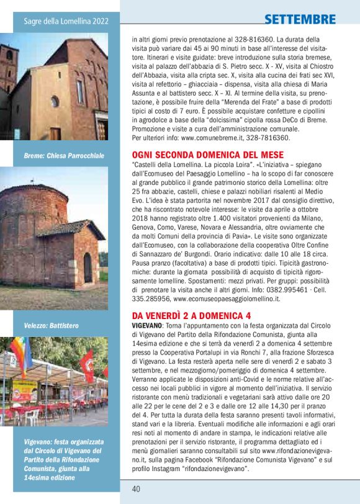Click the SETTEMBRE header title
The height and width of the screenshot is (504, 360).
[x=300, y=19]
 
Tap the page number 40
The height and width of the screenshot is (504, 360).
[x=136, y=488]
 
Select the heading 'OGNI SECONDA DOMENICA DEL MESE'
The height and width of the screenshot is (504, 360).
[x=208, y=155]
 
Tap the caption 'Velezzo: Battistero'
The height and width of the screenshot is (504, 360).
[x=51, y=325]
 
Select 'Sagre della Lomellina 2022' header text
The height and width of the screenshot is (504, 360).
[x=66, y=21]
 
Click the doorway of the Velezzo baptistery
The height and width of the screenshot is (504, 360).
[x=88, y=267]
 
